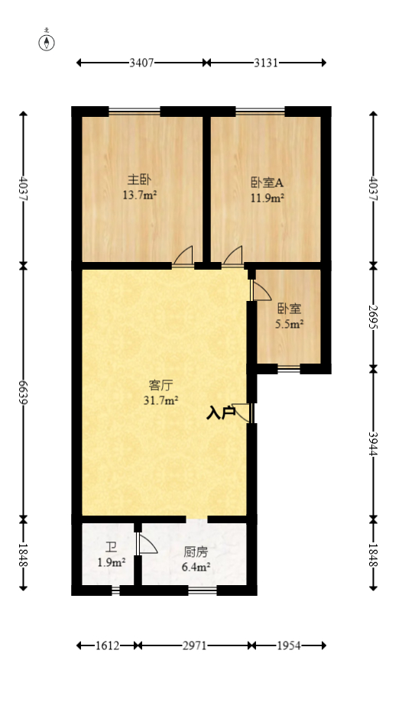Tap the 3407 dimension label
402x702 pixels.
coord(141,63)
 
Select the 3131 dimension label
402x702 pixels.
coord(267,63)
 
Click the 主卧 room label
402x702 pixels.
coord(138,181)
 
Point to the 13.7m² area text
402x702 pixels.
coord(139,196)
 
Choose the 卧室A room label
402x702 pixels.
coord(267,183)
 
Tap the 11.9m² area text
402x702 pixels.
coord(267,198)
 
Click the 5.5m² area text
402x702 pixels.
coord(289,324)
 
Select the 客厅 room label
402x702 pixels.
coord(160,385)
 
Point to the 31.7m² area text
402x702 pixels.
coord(161,400)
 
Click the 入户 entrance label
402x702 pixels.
coord(221,413)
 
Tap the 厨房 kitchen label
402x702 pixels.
coord(196,552)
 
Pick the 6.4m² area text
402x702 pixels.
coord(196,567)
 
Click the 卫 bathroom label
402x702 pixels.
coord(112,548)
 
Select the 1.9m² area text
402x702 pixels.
coord(112,563)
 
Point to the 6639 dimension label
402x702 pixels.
coord(23,392)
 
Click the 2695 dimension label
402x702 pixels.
coord(373,317)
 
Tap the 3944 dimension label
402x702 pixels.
coord(373,443)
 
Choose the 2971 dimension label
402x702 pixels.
coord(196,646)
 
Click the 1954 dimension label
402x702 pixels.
coord(290,646)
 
